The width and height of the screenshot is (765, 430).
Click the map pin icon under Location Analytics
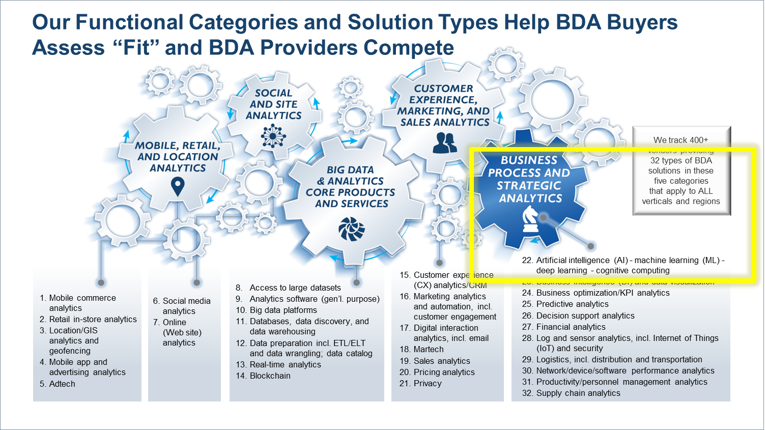177,186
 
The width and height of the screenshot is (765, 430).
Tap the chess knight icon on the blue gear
530,219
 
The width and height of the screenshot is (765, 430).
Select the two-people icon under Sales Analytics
445,143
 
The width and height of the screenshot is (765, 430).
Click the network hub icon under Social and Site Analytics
273,135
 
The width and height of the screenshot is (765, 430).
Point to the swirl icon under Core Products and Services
352,228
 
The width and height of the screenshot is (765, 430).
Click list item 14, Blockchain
270,376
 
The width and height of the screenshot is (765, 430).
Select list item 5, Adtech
62,384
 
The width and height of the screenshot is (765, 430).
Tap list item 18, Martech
428,349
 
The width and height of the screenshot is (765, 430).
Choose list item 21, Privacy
427,383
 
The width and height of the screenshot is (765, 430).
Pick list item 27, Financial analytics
571,327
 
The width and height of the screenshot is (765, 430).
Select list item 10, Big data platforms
283,310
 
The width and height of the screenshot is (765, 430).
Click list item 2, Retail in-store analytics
93,319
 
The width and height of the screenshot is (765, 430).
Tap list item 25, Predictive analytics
572,304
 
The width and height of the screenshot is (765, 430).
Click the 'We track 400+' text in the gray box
681,140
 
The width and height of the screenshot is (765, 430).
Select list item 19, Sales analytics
441,361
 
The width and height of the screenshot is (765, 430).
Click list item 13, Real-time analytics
285,364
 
